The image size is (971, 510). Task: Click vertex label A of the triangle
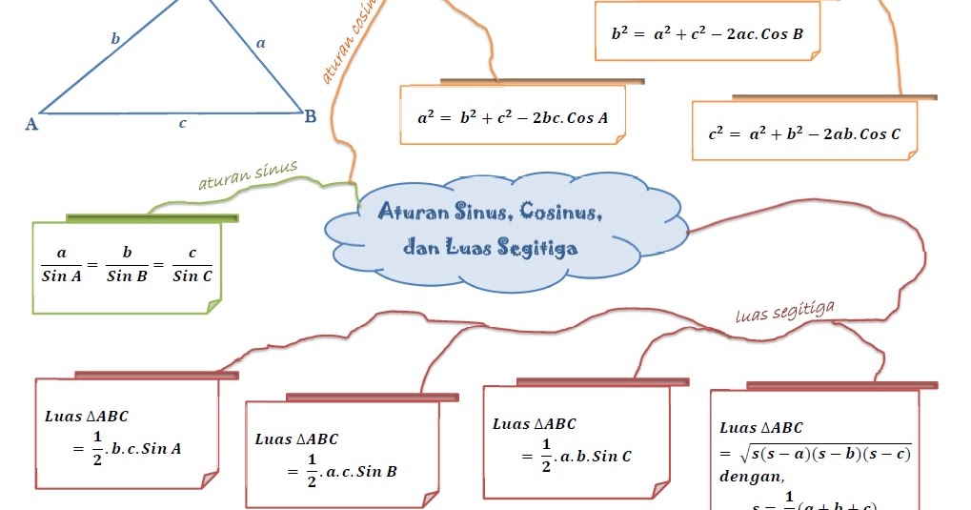tap(31, 123)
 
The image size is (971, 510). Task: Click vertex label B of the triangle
tap(311, 117)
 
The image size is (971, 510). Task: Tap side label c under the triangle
tap(182, 123)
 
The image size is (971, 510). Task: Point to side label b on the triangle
tap(115, 39)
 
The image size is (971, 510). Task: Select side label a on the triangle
tap(261, 42)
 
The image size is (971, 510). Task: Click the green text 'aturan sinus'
tap(248, 175)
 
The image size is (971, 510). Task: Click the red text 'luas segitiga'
tap(785, 311)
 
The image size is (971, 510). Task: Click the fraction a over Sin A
tap(62, 265)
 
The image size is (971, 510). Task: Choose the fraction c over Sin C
tap(192, 265)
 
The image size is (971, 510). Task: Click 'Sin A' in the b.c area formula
tap(161, 448)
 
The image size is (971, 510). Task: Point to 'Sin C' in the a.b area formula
tap(612, 456)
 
